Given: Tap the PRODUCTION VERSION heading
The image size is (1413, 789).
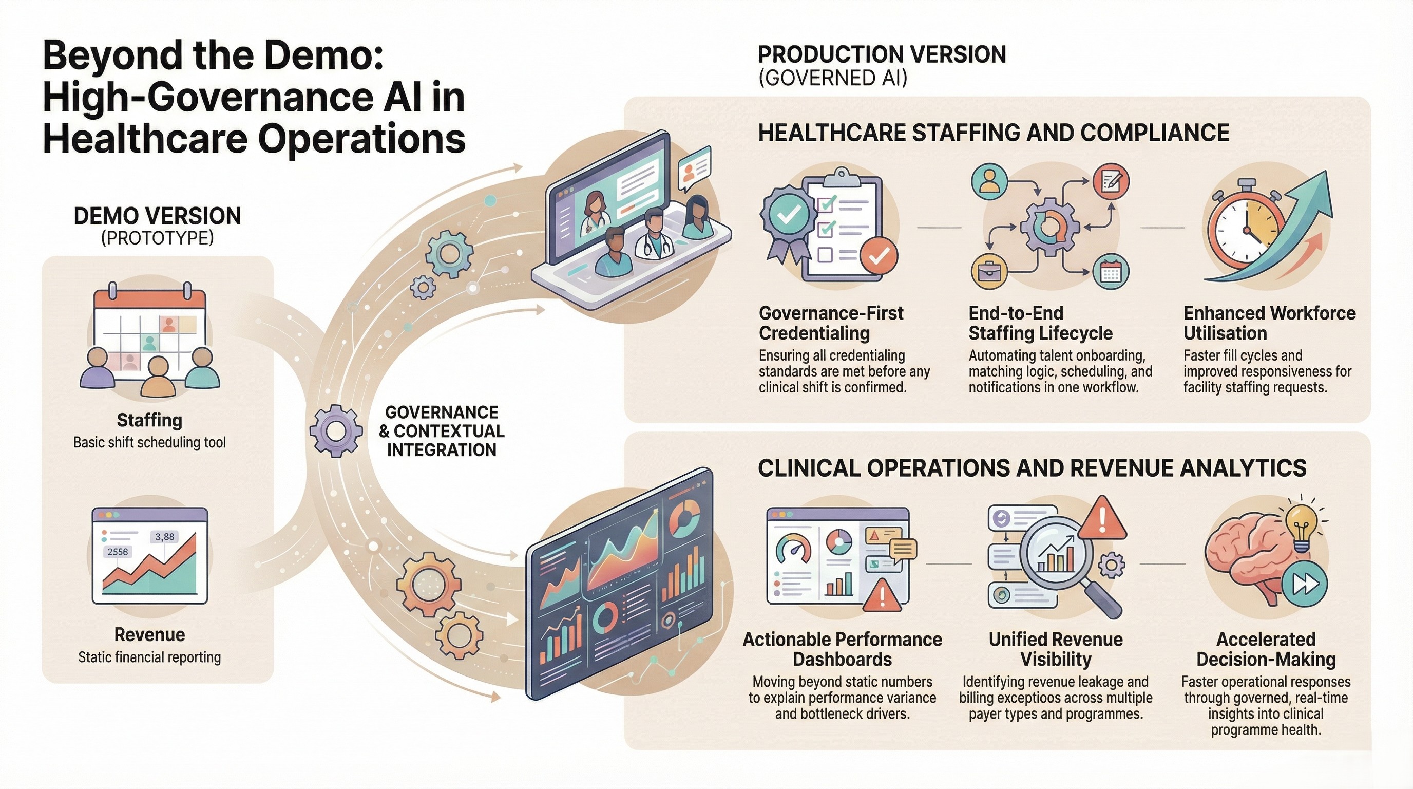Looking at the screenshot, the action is [882, 55].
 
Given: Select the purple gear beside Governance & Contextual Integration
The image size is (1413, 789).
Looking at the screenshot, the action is [336, 430].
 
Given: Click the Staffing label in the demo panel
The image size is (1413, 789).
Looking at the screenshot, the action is [149, 420].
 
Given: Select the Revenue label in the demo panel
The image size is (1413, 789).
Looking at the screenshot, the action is [149, 635].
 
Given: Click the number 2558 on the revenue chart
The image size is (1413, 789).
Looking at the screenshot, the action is [118, 551].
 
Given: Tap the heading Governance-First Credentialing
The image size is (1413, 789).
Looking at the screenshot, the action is [830, 323].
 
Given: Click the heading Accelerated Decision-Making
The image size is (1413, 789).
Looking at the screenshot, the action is [1266, 649].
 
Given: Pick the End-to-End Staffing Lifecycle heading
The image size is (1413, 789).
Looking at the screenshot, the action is [1040, 323].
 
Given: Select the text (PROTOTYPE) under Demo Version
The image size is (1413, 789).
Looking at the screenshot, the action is [158, 238].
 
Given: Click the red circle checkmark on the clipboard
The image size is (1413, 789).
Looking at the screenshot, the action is [879, 255].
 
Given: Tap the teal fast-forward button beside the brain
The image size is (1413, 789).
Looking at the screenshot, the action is [1306, 585].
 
